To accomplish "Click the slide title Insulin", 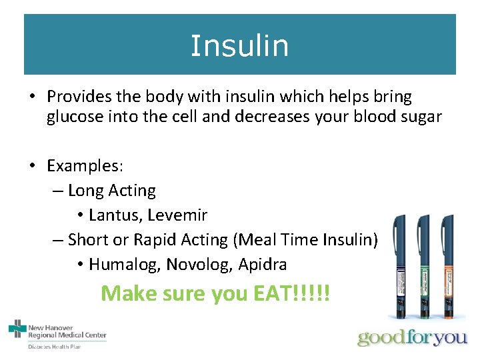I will pyautogui.click(x=239, y=45).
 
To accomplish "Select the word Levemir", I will pyautogui.click(x=177, y=215).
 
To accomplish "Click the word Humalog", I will pyautogui.click(x=124, y=265).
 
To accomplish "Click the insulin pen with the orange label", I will pyautogui.click(x=447, y=267).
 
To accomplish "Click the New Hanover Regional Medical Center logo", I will pyautogui.click(x=57, y=331).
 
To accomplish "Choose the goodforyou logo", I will pyautogui.click(x=412, y=337).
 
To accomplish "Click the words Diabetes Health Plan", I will pyautogui.click(x=55, y=347).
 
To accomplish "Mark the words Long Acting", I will pyautogui.click(x=111, y=191).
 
